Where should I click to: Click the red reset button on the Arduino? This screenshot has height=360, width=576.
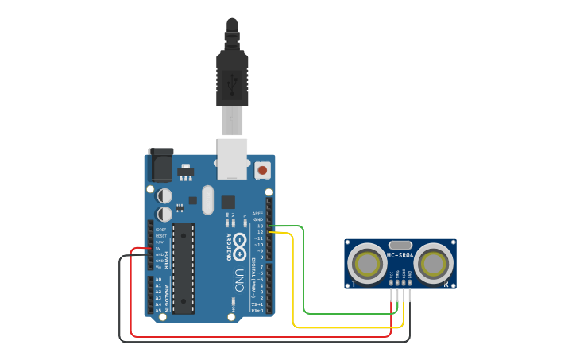[262, 170]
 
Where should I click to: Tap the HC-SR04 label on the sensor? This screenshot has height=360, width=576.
[400, 255]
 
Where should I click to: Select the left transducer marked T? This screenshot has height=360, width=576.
[368, 264]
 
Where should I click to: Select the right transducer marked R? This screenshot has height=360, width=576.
[434, 264]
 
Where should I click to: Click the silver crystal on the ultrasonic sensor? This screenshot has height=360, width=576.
[400, 246]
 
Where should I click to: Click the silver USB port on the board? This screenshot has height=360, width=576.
[232, 158]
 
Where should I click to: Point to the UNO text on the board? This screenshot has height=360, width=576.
[239, 280]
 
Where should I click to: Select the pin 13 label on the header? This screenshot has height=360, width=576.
[260, 226]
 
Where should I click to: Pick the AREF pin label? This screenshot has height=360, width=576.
[257, 214]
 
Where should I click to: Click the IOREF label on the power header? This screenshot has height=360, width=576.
[160, 230]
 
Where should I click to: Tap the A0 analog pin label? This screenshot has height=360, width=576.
[158, 280]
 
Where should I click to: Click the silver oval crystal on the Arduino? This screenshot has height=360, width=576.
[208, 199]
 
